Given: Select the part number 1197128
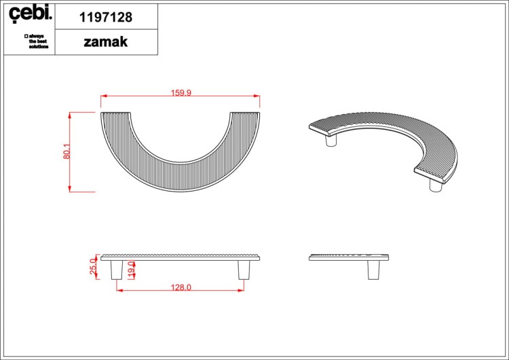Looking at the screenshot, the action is [x=106, y=17].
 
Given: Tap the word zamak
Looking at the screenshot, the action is [x=106, y=42].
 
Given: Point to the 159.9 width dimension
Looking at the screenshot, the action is [x=181, y=93].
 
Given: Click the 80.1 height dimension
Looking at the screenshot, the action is [x=67, y=151].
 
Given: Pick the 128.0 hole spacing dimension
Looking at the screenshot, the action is [x=181, y=287].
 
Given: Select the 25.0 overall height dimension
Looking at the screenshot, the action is [x=93, y=267].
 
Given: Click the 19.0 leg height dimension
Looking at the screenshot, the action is [x=131, y=270].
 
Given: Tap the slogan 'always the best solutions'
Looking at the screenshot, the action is [x=37, y=41].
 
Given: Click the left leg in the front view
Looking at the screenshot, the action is [x=117, y=270].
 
